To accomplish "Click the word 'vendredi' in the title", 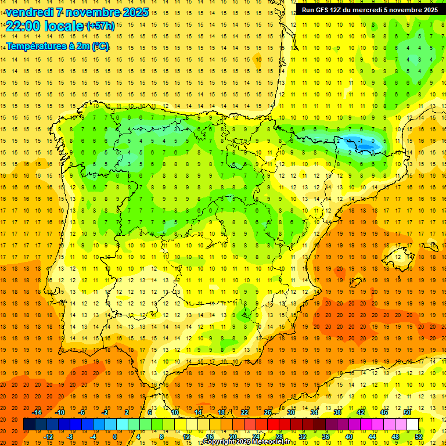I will (x=28, y=12).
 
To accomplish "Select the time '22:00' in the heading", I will (x=23, y=26).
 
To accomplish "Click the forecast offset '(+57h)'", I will (x=100, y=26).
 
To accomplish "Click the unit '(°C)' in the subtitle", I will (x=99, y=46).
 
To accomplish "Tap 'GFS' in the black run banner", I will (x=324, y=10).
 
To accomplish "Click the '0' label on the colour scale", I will (x=115, y=437).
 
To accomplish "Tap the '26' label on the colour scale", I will (x=268, y=412).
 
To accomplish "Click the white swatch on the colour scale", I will (x=413, y=425).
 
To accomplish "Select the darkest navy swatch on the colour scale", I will (x=29, y=425).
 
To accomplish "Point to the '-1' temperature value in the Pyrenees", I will (x=361, y=141).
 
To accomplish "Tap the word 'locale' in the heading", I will (x=64, y=26).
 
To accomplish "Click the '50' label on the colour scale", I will (x=407, y=412).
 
